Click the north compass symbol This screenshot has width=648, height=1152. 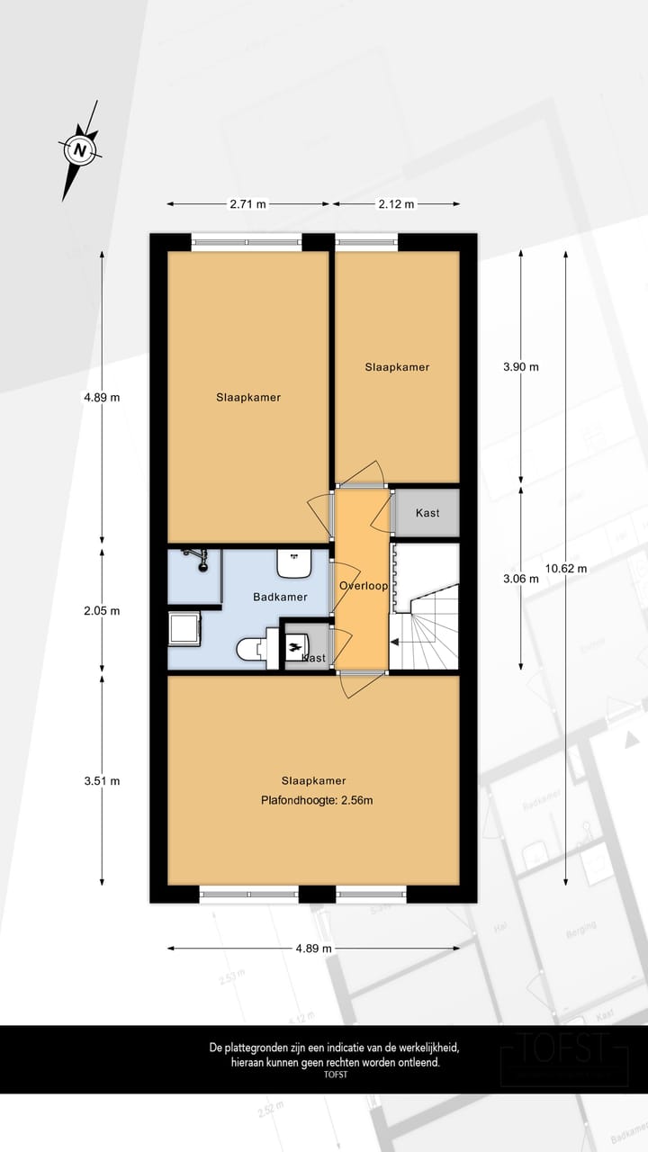pos(81,149)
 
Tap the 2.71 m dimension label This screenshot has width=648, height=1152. pos(247,204)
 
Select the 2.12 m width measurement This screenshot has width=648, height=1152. pos(396,204)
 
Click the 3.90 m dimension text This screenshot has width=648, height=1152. pos(521,367)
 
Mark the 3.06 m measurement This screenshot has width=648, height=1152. pos(521,579)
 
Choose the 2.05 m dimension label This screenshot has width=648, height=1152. pos(102,610)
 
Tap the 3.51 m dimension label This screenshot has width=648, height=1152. pos(102,781)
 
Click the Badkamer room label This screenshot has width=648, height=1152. pos(280,597)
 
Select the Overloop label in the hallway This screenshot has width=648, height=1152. pos(363,586)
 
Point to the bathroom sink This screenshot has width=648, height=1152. pos(294,564)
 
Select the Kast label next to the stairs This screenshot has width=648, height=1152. pos(427,513)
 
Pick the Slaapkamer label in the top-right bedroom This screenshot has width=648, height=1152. pos(397,367)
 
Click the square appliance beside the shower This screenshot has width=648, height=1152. pos(184,628)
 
